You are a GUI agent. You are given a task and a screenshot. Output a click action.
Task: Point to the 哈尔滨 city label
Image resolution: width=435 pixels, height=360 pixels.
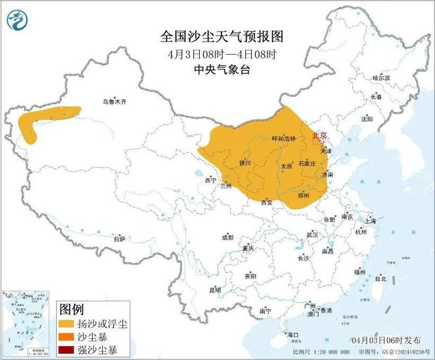(x=381, y=78)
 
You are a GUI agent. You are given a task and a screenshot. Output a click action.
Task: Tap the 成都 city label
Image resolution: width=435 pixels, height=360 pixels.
(x=227, y=237)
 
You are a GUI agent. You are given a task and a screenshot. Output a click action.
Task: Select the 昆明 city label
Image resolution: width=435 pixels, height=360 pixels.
(x=215, y=289)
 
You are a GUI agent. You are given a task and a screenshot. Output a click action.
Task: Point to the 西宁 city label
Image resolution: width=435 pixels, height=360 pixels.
(x=210, y=180)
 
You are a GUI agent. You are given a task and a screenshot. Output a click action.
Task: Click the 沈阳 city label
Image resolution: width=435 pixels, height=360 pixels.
(x=366, y=119)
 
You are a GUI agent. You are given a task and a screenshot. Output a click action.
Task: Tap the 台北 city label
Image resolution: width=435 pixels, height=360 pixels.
(x=380, y=278)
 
